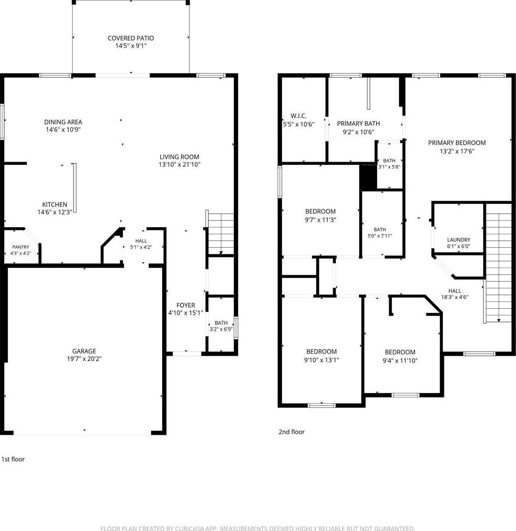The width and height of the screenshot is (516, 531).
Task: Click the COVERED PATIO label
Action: point(131,38)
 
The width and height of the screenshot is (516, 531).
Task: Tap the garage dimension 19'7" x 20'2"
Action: point(84,359)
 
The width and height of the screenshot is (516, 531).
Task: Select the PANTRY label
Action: point(21,247)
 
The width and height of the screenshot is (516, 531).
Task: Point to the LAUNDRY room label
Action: point(459,240)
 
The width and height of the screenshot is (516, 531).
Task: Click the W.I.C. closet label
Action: point(298,116)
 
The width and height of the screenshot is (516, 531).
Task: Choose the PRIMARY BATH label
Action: point(359,123)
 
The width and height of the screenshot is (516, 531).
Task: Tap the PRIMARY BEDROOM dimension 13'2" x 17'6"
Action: point(457,151)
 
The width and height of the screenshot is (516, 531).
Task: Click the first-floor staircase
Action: point(221,234)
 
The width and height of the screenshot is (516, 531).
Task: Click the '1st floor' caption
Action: point(13,459)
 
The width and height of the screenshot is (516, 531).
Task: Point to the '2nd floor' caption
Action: point(291,432)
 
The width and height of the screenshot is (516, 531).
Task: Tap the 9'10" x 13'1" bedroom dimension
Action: point(321,360)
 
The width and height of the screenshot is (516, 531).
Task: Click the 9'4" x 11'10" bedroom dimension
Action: point(400,360)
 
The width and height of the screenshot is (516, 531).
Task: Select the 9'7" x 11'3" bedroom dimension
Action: point(320,220)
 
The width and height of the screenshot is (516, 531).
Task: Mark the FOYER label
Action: point(186,305)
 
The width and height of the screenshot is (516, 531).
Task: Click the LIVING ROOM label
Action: point(179,157)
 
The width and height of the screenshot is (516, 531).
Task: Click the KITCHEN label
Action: point(55,204)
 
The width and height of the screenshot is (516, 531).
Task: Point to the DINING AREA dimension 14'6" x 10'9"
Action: point(63,130)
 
